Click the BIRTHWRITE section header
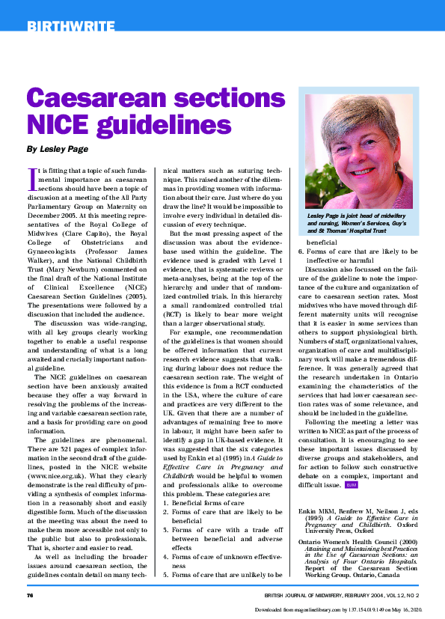tap(70, 28)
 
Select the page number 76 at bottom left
tap(31, 595)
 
